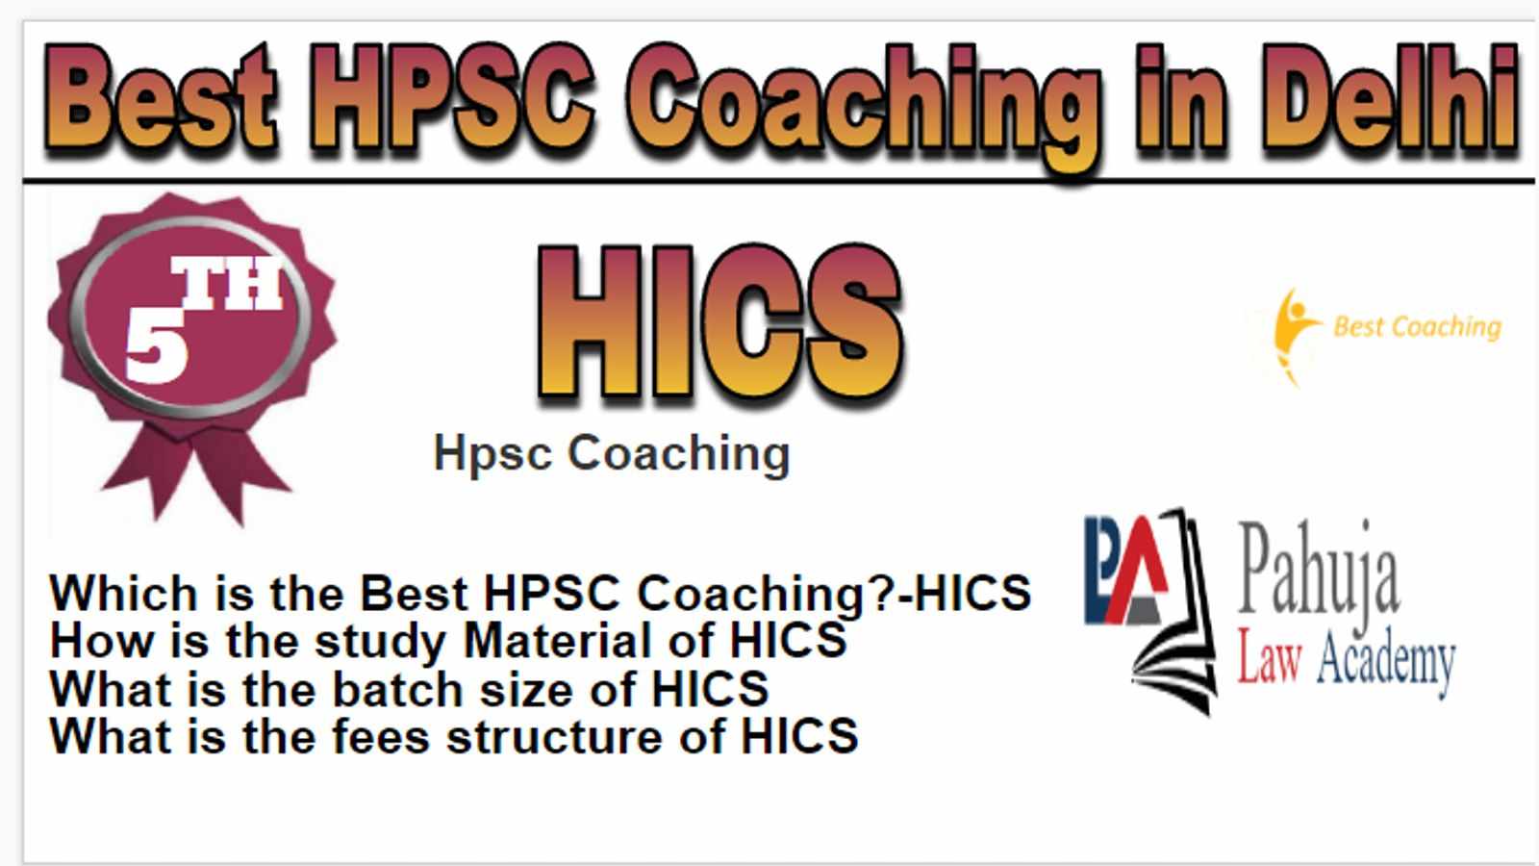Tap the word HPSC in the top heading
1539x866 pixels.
pos(451,96)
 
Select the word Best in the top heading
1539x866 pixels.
pos(161,96)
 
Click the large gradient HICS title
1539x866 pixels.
pos(720,321)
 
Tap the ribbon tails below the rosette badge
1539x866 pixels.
pos(196,474)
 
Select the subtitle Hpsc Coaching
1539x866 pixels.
pos(612,453)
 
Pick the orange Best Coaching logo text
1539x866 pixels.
pos(1417,327)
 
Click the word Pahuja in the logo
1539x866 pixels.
pos(1318,572)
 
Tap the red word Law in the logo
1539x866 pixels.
pos(1269,656)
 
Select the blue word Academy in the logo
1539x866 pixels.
pos(1386,661)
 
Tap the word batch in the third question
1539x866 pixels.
pos(397,689)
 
